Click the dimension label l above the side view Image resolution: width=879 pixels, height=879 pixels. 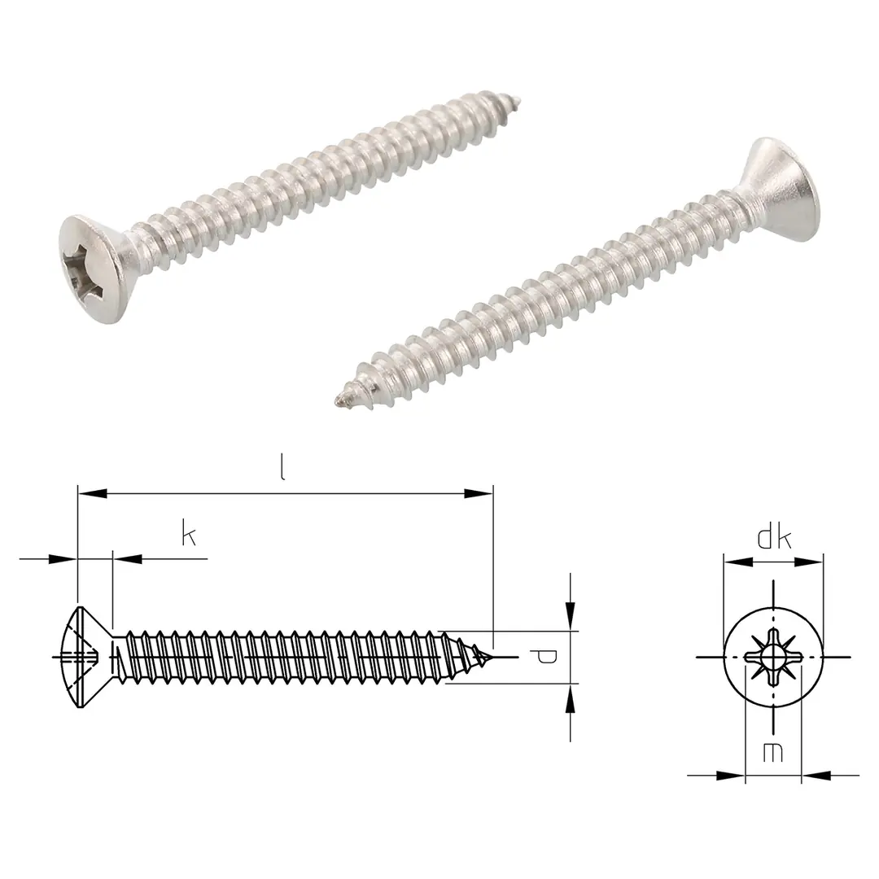tap(282, 470)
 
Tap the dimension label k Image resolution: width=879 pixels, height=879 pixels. tap(189, 536)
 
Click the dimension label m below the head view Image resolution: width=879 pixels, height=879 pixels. tap(773, 753)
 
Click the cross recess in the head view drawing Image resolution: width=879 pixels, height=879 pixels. tap(773, 656)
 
